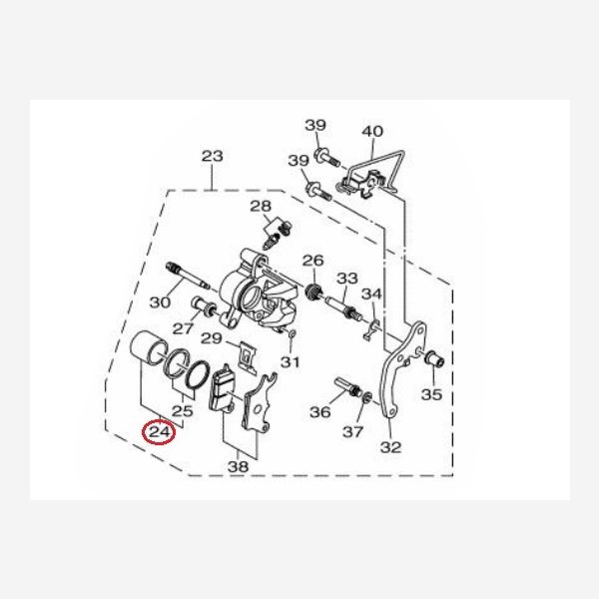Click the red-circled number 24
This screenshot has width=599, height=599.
click(159, 432)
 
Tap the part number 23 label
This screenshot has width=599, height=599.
click(212, 156)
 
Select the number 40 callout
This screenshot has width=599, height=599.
click(372, 131)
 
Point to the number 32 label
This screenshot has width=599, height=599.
click(390, 447)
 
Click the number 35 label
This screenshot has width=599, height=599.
click(431, 394)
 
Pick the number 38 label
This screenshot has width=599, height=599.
click(238, 466)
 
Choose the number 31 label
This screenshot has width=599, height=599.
click(290, 361)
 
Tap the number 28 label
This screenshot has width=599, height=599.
click(261, 207)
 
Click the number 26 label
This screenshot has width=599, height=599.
click(312, 261)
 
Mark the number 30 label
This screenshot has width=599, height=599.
click(160, 302)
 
